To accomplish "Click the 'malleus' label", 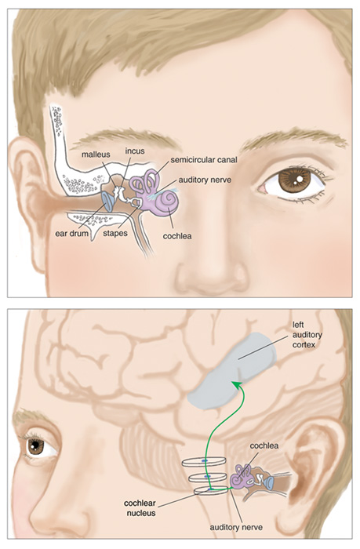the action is point(96,155).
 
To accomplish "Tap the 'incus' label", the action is point(135,151).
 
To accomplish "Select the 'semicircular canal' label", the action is point(204,160).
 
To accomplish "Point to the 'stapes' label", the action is point(115,233).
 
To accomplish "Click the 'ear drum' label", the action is point(72,233).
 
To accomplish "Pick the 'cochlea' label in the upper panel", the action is point(177,236).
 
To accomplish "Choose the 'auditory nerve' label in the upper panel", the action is point(205,180).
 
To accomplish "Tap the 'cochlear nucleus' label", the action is point(140,508).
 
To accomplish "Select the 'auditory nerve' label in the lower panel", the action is point(236,527).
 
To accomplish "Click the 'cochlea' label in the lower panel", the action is point(264,445).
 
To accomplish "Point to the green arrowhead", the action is point(236,384).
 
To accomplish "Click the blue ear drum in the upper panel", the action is point(107,202).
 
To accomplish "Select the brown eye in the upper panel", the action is point(294,180).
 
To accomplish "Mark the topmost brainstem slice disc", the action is point(203,462).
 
